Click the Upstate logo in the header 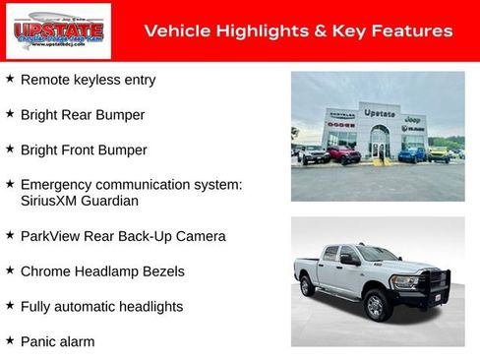44,30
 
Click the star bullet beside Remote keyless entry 10,78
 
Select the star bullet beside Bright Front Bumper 10,149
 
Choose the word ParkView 52,236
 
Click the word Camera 201,236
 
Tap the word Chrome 46,271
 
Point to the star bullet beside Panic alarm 10,340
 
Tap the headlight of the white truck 405,281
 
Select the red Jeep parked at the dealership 344,154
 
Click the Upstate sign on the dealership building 379,113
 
